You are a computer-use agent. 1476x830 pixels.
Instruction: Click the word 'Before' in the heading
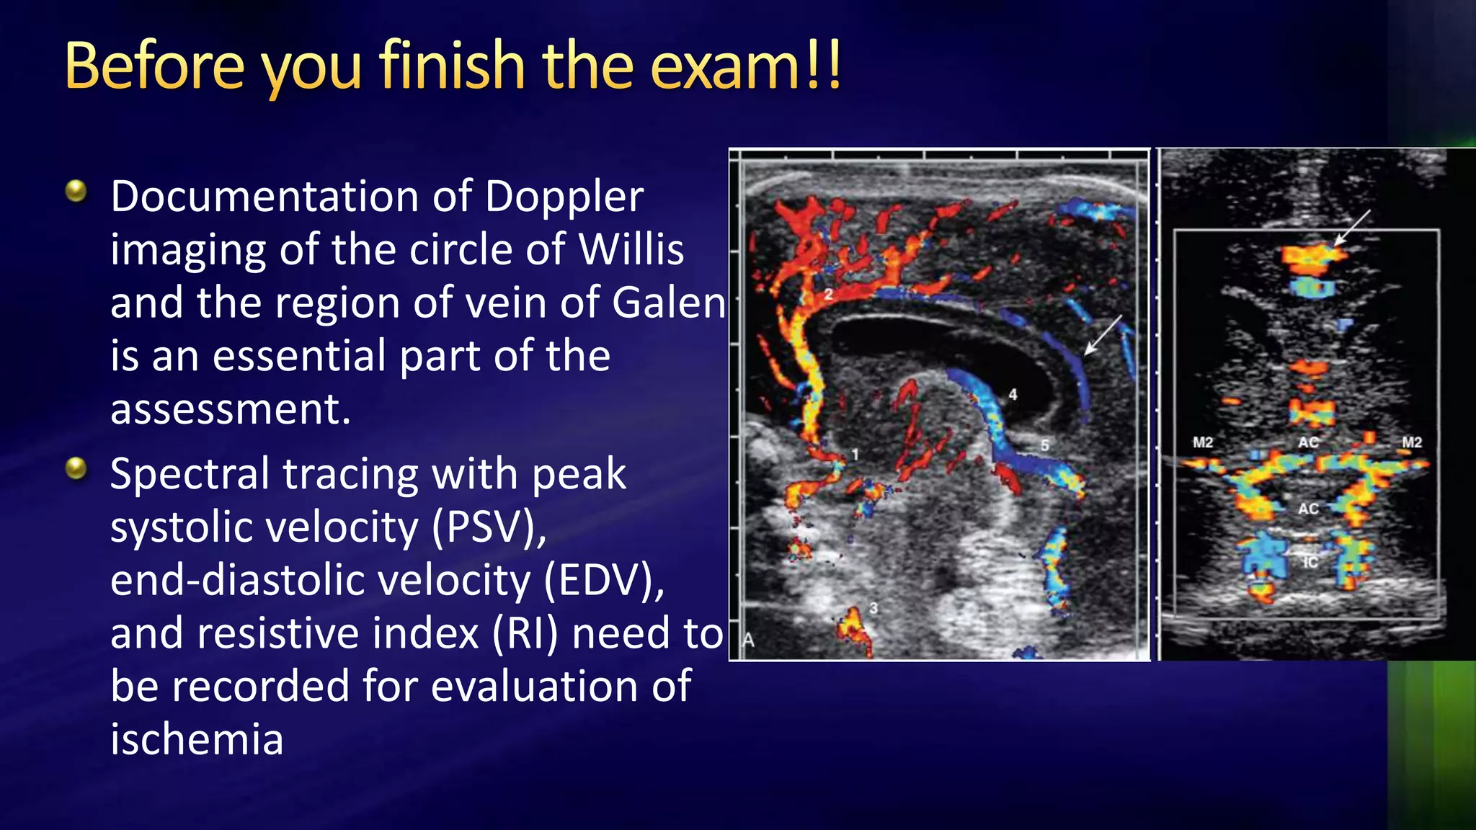click(155, 66)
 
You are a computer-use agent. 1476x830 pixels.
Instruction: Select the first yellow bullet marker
click(76, 191)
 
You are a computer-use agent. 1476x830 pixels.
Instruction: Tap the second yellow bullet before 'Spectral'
click(76, 469)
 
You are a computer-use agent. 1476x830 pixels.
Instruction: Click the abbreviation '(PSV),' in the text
click(489, 527)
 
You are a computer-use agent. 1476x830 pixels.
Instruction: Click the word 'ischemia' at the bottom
click(197, 740)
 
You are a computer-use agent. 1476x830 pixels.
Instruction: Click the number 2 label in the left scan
click(829, 294)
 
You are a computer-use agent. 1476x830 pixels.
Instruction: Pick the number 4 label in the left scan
click(1013, 394)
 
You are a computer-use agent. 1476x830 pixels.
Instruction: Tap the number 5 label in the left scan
click(1044, 445)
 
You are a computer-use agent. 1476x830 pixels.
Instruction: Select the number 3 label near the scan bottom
click(873, 608)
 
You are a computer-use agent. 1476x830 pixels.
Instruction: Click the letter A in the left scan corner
click(749, 640)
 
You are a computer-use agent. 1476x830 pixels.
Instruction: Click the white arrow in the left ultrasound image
click(1103, 335)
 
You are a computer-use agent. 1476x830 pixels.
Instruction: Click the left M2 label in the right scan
click(1203, 442)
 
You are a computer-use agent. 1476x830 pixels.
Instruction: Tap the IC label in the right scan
click(1310, 562)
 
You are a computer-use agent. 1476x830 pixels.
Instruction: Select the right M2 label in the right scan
click(1412, 442)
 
